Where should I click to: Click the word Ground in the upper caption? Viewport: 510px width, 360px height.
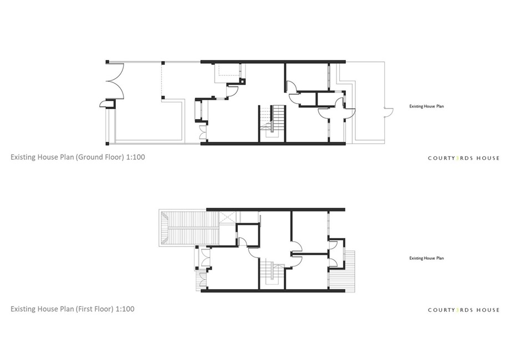pos(88,157)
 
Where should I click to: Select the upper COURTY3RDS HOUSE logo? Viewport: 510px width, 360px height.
pos(463,158)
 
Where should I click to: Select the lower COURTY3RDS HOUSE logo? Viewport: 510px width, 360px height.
pos(463,310)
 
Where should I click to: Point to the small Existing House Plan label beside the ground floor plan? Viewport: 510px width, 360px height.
pos(426,106)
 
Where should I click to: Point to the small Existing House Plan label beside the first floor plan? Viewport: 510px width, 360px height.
pos(426,258)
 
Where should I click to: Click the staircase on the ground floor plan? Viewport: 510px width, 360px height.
pos(273,123)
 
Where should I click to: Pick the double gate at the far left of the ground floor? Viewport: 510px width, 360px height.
pos(118,80)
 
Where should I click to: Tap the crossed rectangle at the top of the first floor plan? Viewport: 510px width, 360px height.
pos(227,217)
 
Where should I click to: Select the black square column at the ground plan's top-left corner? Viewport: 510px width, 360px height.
pos(108,61)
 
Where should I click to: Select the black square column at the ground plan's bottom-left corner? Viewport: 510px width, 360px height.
pos(108,143)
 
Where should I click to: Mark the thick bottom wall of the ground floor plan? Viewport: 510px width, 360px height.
pos(273,143)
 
